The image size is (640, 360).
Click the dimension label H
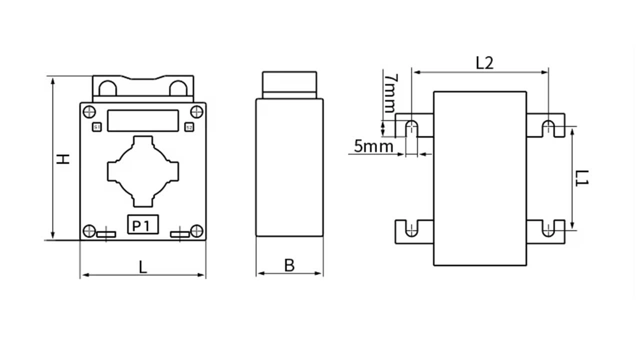point(62,159)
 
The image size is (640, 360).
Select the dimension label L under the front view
point(143,267)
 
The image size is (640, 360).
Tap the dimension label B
point(289,265)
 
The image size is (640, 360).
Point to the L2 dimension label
point(484,63)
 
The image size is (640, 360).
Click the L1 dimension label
point(581,178)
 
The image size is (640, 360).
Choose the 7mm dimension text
point(390,93)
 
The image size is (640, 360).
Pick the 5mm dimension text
point(373,146)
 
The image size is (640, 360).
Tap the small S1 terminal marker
point(97,127)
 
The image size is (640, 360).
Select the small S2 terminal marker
point(189,127)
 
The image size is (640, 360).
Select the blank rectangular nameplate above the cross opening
point(143,121)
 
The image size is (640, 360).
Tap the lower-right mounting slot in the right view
point(548,229)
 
